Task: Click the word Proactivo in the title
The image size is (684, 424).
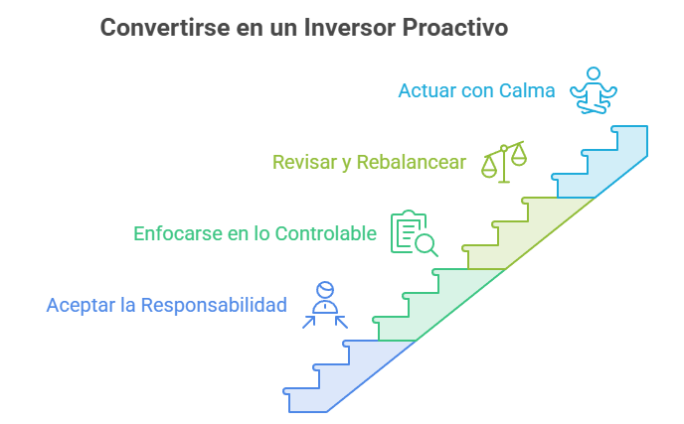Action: pos(455,27)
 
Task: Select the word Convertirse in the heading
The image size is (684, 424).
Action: pos(165,27)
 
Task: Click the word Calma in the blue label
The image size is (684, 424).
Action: pos(527,90)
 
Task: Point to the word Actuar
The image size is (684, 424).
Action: pos(427,90)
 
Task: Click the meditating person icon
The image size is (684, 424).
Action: pos(594,90)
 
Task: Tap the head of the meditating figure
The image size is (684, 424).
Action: pos(594,73)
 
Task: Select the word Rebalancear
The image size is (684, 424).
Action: pos(412,162)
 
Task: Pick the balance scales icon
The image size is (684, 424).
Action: pos(504,162)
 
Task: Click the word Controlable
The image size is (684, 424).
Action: pos(326,233)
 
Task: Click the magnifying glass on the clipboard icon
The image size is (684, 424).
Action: pos(426,244)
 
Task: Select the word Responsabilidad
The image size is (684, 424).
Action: pos(214,305)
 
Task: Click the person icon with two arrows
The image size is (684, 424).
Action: pos(325,305)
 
